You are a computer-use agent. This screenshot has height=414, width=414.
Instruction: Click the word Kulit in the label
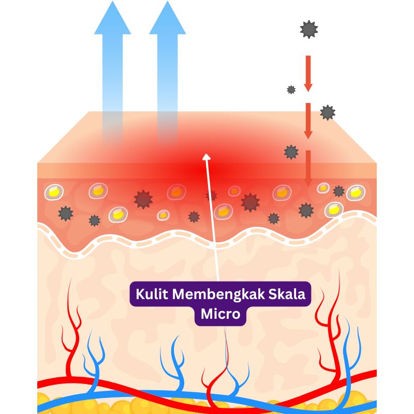point(152,294)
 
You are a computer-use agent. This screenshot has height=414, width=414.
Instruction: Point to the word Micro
point(220,314)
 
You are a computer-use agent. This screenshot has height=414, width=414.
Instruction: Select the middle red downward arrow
point(308,121)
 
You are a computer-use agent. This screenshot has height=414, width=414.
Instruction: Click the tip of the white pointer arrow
point(206,155)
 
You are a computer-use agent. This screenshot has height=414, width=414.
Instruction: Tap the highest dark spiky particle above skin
point(309,29)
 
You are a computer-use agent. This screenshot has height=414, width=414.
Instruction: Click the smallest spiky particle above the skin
point(291,90)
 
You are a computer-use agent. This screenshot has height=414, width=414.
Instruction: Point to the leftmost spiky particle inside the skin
point(65,213)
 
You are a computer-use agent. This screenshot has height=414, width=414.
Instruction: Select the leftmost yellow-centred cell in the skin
point(53,192)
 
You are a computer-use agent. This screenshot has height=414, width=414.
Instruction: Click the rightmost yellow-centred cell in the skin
point(356,193)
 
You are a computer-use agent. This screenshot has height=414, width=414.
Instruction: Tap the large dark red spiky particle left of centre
point(143,199)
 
